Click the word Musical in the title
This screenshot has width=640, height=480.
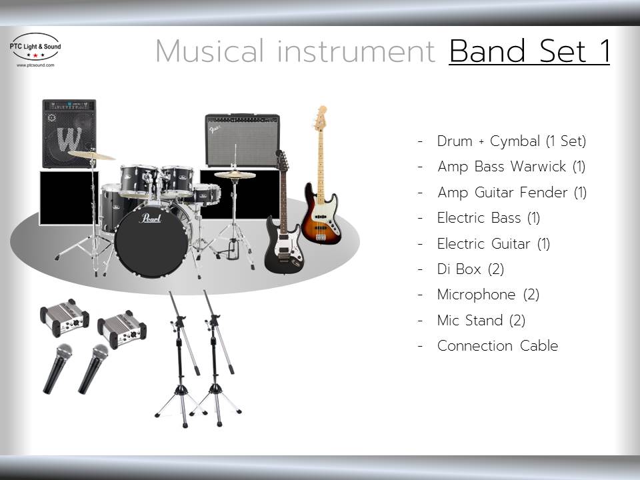pyautogui.click(x=210, y=51)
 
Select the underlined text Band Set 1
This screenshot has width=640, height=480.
pyautogui.click(x=529, y=51)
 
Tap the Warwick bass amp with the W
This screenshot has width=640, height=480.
pyautogui.click(x=69, y=133)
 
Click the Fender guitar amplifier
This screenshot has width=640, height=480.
pyautogui.click(x=243, y=140)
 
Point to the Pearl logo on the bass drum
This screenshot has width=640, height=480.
pyautogui.click(x=151, y=218)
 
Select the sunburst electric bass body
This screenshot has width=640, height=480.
pyautogui.click(x=321, y=215)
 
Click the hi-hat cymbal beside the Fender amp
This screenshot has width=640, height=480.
pyautogui.click(x=235, y=175)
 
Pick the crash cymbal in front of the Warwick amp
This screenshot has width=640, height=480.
pyautogui.click(x=91, y=155)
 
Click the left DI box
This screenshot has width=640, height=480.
pyautogui.click(x=65, y=317)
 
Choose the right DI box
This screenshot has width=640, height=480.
pyautogui.click(x=121, y=329)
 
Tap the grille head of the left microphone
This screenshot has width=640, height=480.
pyautogui.click(x=64, y=352)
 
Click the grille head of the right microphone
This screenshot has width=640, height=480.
pyautogui.click(x=101, y=353)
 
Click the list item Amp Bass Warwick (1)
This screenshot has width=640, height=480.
pyautogui.click(x=511, y=167)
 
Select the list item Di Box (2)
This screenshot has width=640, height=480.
pyautogui.click(x=470, y=269)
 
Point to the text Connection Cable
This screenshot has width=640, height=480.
pyautogui.click(x=497, y=346)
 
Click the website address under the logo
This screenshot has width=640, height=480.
pyautogui.click(x=35, y=65)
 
